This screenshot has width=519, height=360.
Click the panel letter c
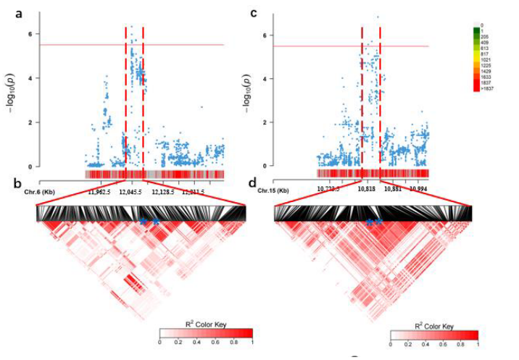[x=253, y=12]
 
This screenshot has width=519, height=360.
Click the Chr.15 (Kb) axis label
[x=274, y=190]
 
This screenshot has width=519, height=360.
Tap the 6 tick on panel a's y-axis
[x=29, y=34]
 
